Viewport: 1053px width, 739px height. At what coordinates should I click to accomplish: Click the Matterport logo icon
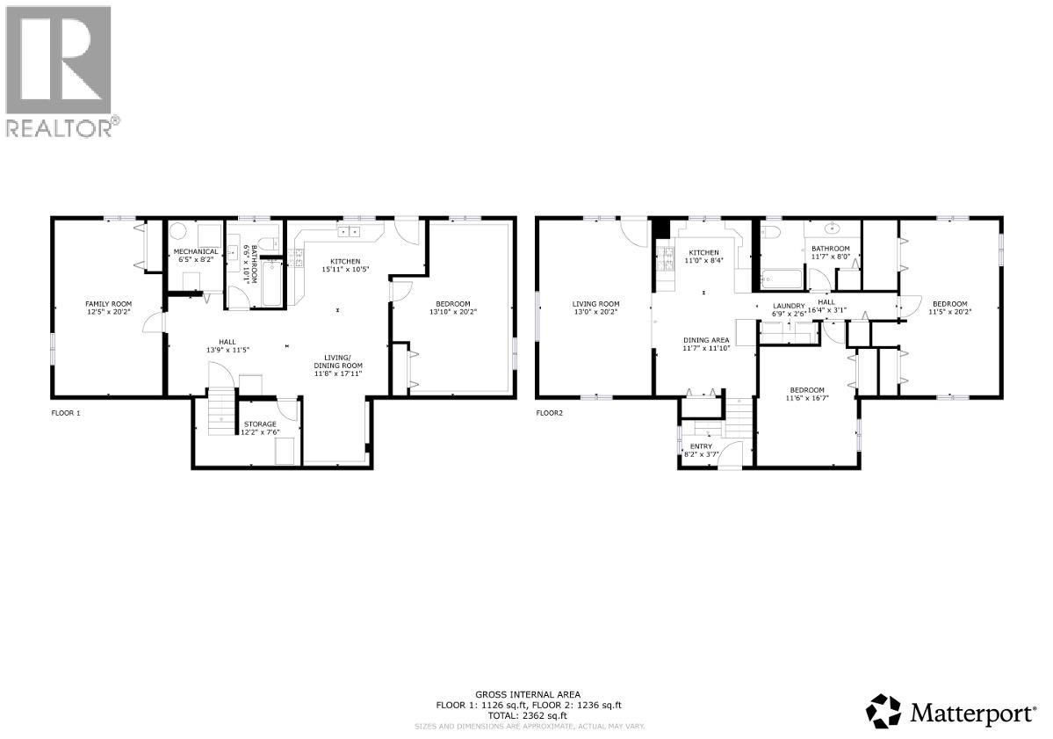[x=884, y=710]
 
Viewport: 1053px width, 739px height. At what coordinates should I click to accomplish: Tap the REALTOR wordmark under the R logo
[x=60, y=128]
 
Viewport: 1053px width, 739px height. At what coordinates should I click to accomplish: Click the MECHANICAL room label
[x=195, y=251]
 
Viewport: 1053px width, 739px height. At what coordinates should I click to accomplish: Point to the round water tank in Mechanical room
[x=179, y=232]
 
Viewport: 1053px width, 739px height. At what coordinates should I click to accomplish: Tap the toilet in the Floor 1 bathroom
[x=272, y=243]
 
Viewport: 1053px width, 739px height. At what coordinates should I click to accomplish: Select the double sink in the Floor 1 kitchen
[x=349, y=232]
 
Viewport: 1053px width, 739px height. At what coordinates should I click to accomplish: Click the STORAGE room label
[x=260, y=424]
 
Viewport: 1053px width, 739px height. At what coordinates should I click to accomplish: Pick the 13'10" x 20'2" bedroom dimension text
[x=453, y=311]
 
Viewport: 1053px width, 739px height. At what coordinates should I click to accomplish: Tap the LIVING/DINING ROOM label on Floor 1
[x=338, y=361]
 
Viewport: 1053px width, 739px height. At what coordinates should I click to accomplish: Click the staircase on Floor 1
[x=214, y=412]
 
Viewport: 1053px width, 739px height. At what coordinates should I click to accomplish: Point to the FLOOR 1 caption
[x=65, y=411]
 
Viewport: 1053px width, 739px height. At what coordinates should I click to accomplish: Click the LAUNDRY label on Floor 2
[x=789, y=306]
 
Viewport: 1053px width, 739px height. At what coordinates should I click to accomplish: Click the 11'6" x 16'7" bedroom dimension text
[x=806, y=397]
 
